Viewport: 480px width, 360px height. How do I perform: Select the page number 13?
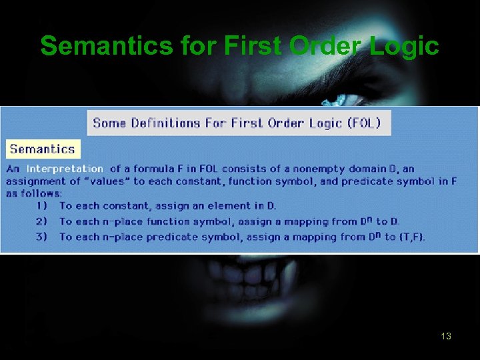[x=446, y=336]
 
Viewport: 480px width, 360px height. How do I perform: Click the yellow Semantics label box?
[x=42, y=149]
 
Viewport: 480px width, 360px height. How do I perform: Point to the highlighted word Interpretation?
[x=65, y=169]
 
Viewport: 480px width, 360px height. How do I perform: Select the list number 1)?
[x=41, y=206]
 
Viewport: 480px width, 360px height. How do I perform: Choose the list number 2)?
[x=41, y=221]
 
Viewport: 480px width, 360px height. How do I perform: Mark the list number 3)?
[x=41, y=237]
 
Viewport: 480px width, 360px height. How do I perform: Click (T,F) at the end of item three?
[x=413, y=237]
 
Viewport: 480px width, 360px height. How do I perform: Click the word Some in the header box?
[x=109, y=123]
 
